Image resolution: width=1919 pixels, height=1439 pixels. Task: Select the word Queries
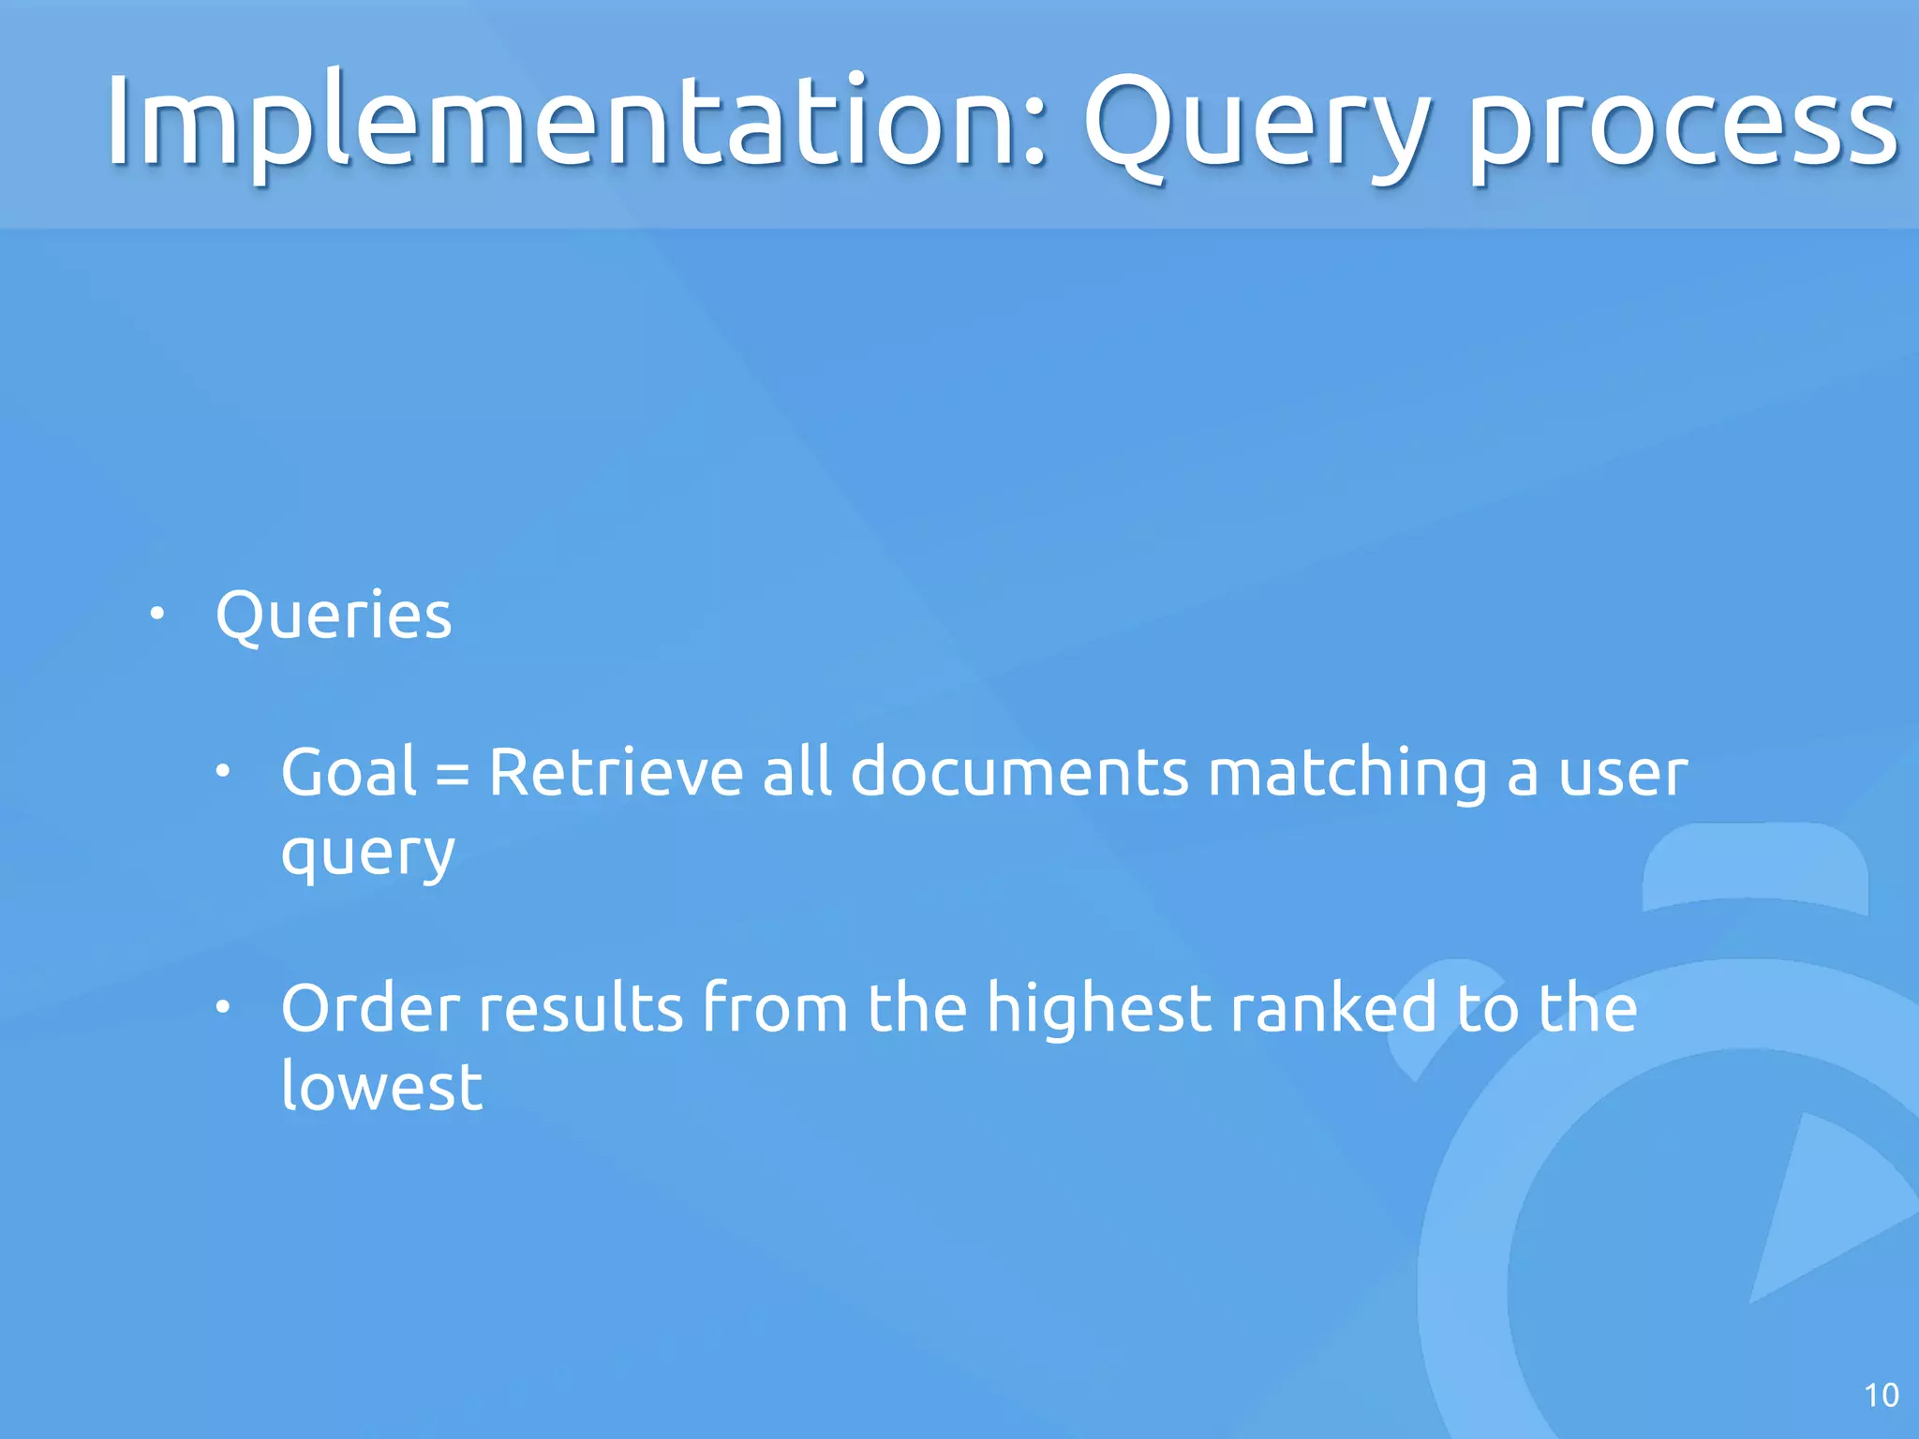(334, 617)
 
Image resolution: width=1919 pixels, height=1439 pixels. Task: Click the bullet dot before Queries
(157, 615)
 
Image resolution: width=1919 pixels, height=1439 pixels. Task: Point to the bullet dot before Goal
(222, 772)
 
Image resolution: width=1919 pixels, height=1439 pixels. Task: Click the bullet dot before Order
(222, 1008)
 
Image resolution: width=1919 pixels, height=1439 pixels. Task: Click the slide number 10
(1882, 1396)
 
